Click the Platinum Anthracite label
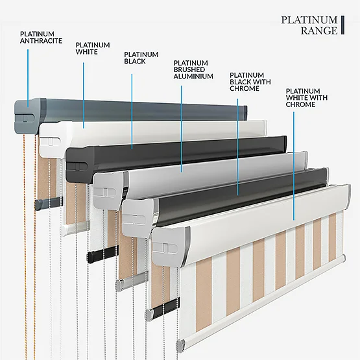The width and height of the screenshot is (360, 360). click(41, 38)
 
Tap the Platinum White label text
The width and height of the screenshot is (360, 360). click(93, 49)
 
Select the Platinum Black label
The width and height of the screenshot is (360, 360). click(141, 58)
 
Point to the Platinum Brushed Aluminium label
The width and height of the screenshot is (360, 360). click(193, 69)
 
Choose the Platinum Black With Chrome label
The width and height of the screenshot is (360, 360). click(250, 82)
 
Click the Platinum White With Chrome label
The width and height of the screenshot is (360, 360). click(307, 97)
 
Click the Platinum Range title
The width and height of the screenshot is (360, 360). click(309, 25)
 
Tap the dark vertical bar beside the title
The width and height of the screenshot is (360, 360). click(342, 25)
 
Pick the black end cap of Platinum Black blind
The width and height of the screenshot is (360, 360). click(80, 163)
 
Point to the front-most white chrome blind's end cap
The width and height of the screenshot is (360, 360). click(169, 247)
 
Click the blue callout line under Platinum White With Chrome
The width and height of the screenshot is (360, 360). click(294, 166)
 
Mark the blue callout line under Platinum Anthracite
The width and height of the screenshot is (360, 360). click(28, 78)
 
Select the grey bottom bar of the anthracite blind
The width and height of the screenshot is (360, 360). click(48, 203)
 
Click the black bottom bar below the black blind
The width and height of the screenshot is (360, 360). click(102, 254)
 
